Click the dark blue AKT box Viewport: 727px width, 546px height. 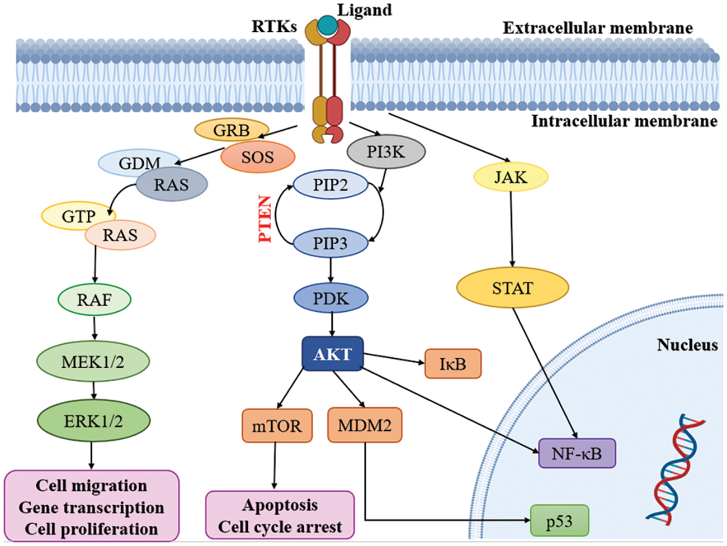333,354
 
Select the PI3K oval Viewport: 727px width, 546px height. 386,151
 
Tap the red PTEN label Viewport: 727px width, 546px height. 265,219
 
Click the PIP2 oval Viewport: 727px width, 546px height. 331,185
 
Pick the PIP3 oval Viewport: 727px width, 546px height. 331,243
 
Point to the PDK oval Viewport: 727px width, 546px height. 331,298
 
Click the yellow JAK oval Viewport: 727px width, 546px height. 511,177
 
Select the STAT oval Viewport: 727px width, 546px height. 512,288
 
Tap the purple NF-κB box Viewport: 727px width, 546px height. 577,453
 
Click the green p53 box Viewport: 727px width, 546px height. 559,521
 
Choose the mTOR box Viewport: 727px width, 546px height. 277,426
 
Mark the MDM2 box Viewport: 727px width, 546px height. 365,425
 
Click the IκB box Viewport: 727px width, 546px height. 453,364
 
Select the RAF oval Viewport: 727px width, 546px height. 95,300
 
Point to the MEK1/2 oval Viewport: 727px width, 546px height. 93,361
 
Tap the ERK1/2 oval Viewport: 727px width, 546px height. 93,420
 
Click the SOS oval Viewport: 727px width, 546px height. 258,157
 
